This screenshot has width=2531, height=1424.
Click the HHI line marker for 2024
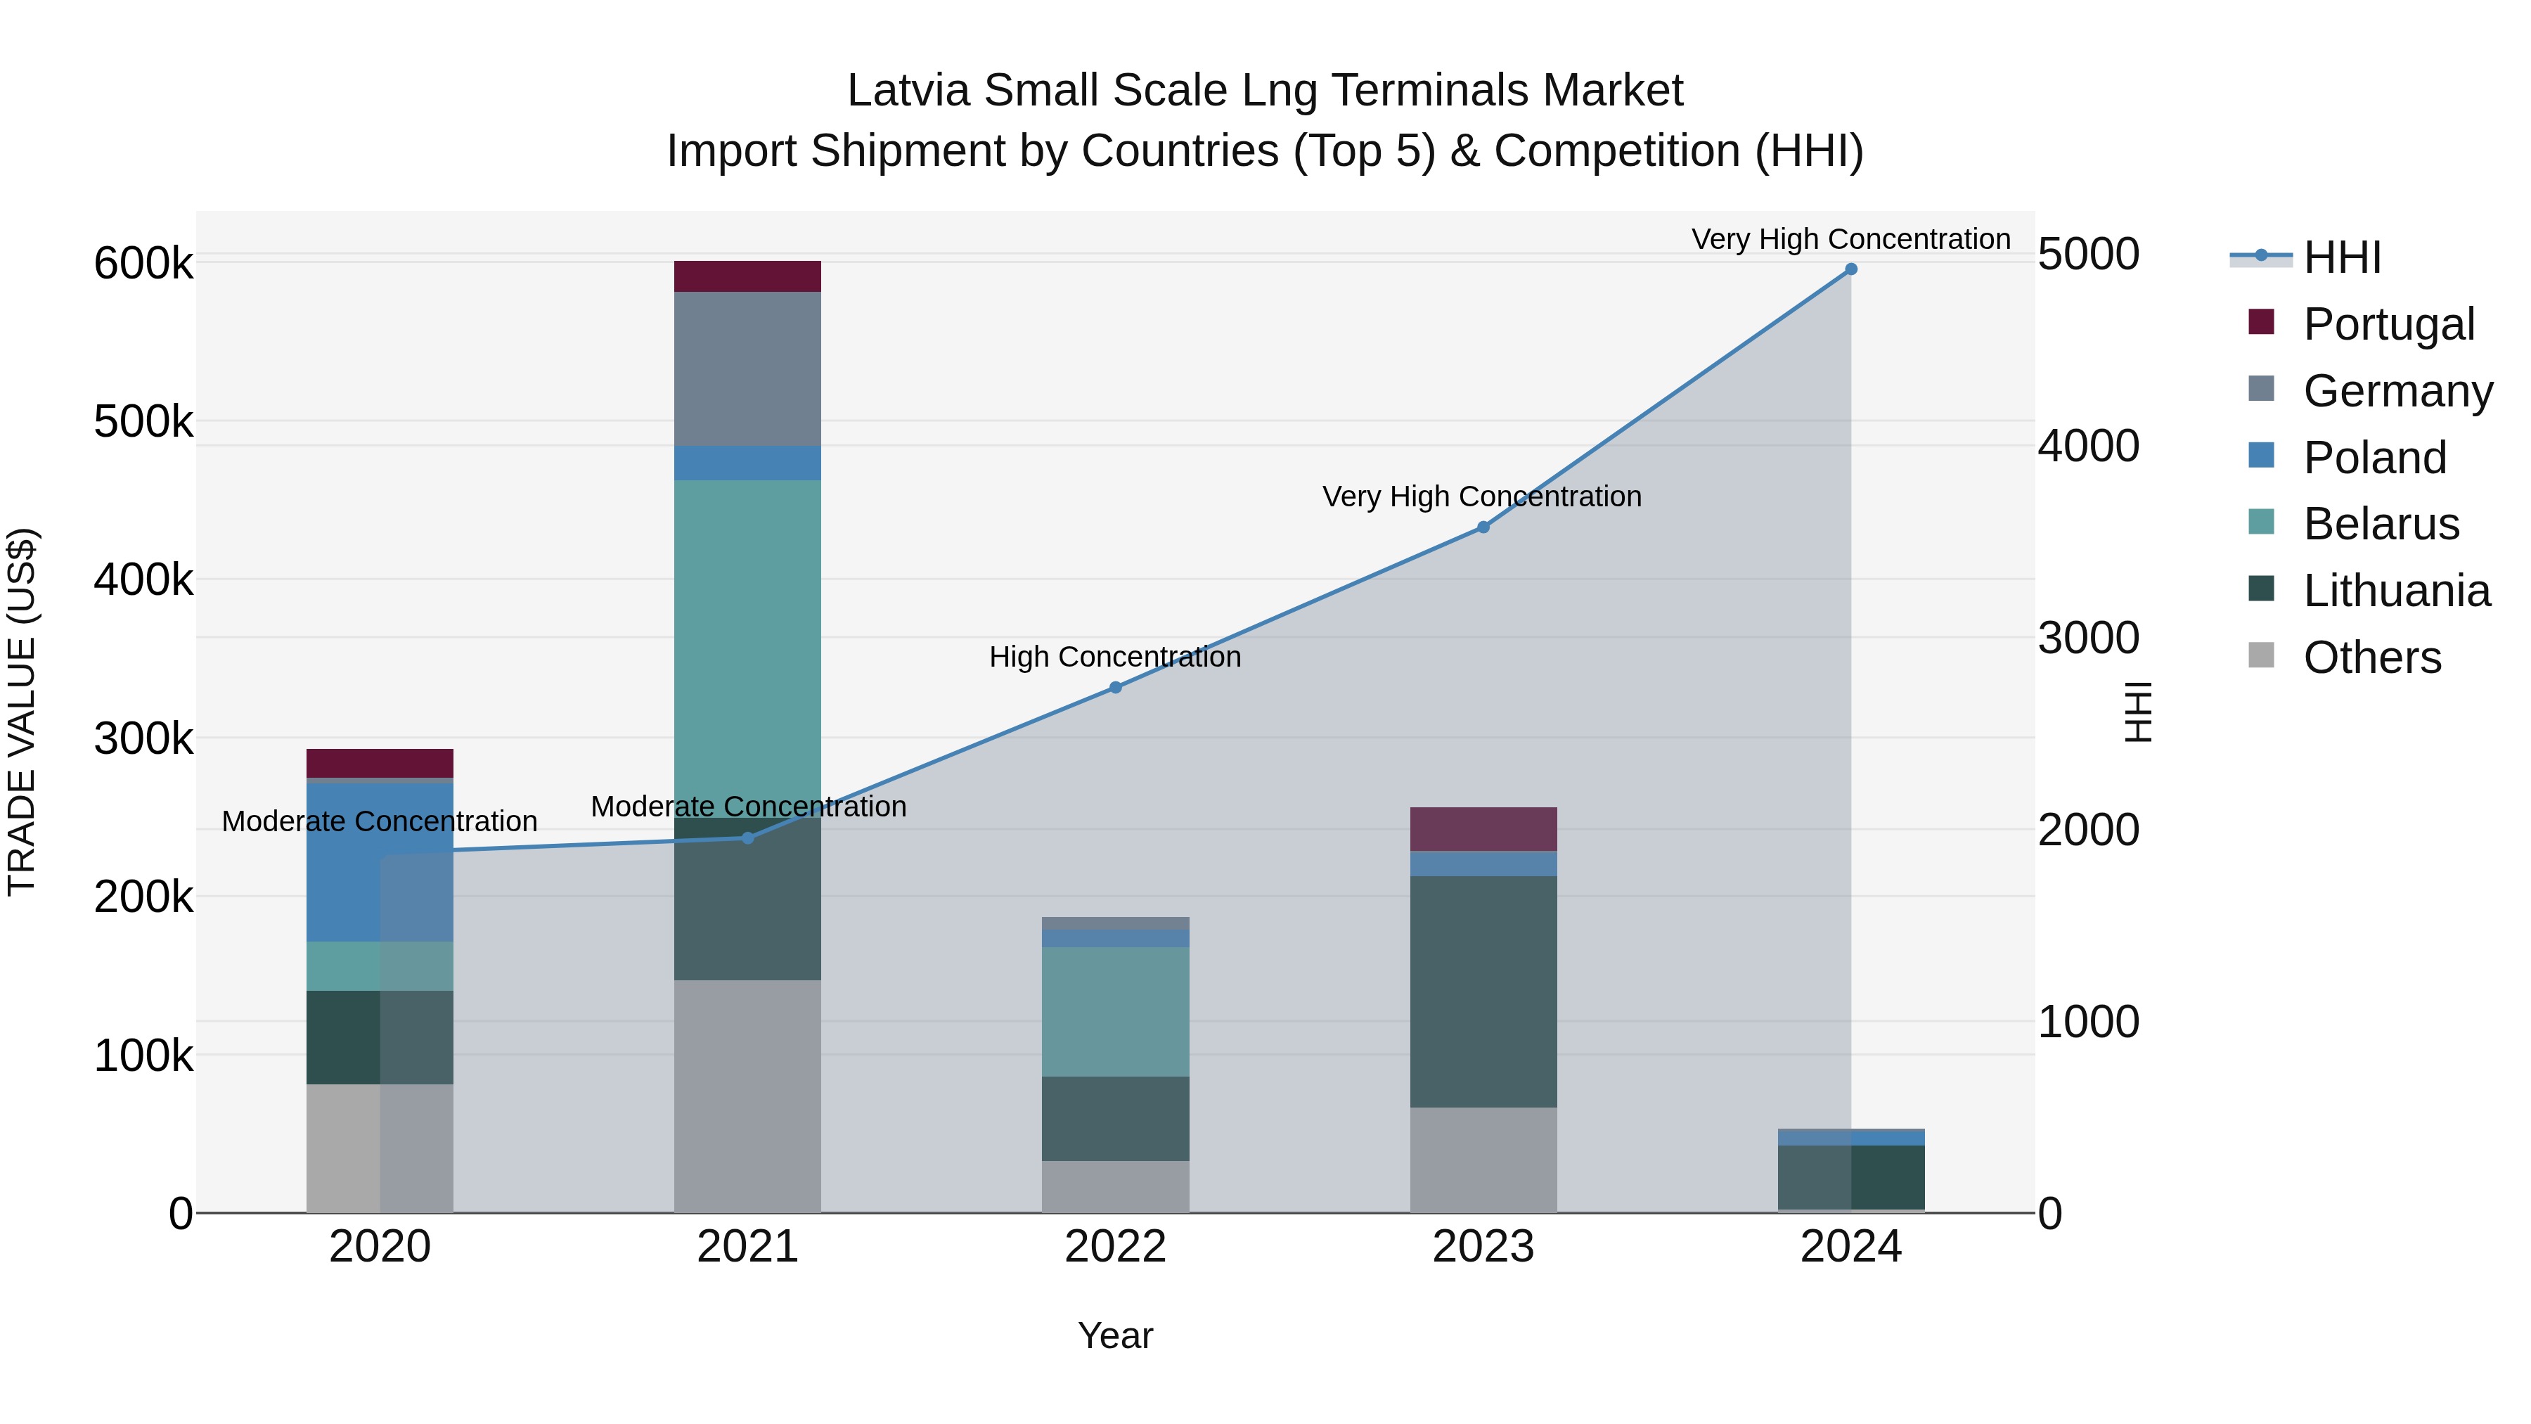(1850, 269)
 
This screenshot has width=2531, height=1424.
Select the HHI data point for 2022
(1115, 687)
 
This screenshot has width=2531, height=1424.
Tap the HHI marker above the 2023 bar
(1483, 527)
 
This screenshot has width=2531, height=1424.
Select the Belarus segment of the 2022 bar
(1115, 1011)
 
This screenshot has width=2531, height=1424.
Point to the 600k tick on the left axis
(143, 264)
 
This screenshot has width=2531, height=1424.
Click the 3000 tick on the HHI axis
(2087, 638)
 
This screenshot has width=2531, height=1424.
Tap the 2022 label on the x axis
(1115, 1247)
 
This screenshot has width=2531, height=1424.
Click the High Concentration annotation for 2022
(1115, 657)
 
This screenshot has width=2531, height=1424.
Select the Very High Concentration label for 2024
(1850, 239)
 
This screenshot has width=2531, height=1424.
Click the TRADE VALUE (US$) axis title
(22, 712)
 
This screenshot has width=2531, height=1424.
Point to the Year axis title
(1115, 1335)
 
